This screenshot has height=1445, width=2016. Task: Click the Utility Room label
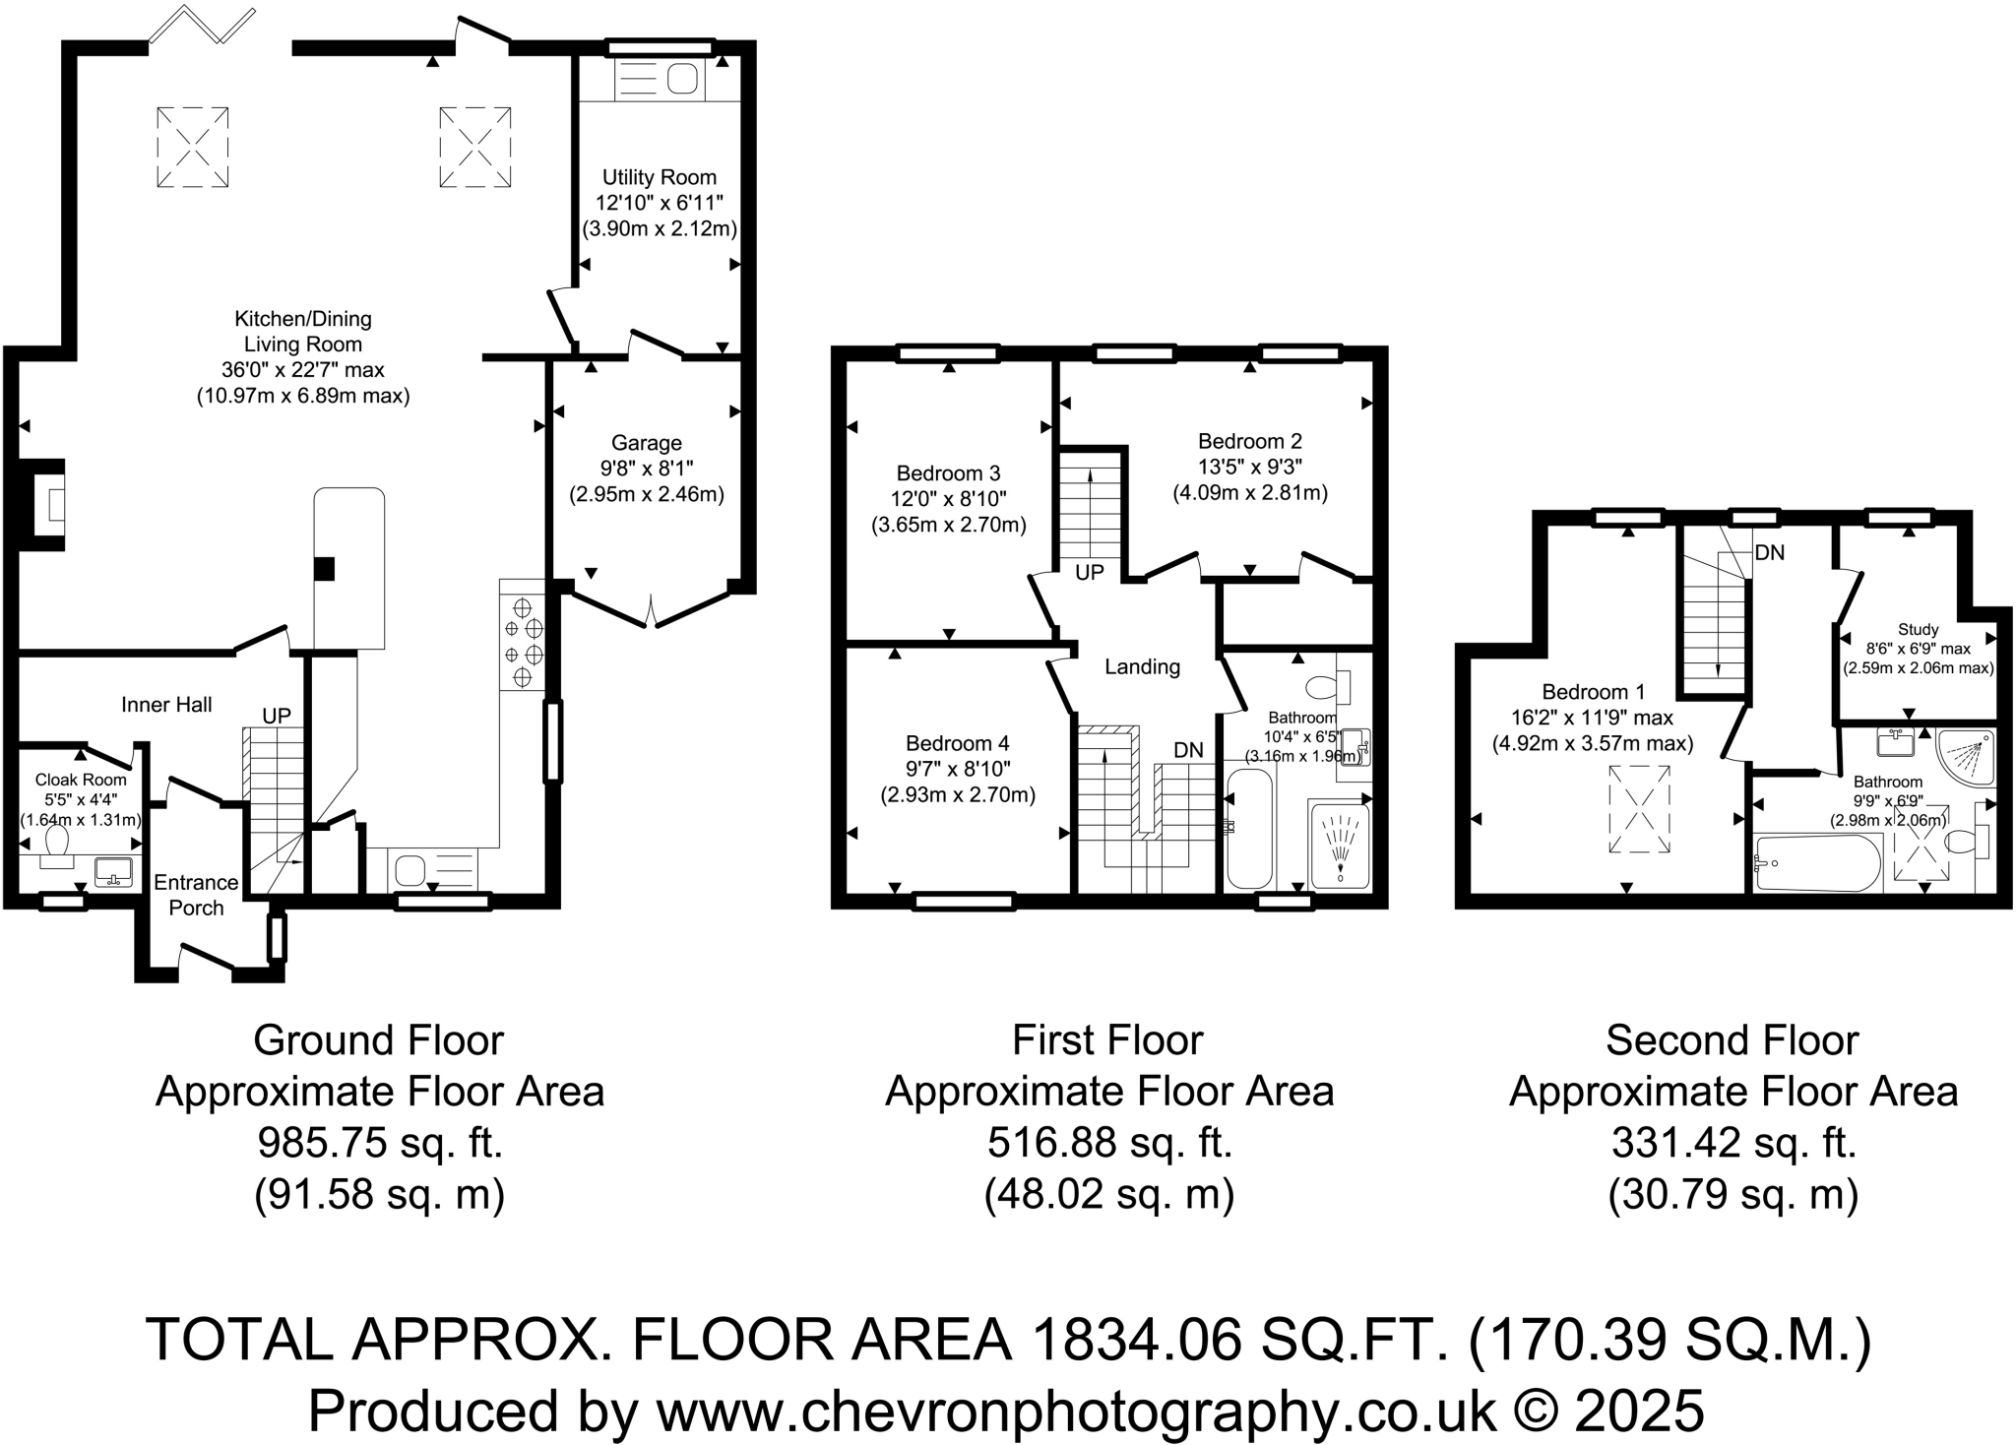(x=659, y=177)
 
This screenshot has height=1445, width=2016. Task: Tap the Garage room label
(x=646, y=443)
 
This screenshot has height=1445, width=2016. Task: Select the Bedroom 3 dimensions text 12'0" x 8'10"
(x=948, y=499)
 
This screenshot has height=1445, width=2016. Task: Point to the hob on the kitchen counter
(x=523, y=641)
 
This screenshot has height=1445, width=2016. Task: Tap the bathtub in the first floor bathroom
(x=1249, y=829)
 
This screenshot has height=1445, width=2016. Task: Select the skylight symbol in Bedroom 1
(x=1639, y=810)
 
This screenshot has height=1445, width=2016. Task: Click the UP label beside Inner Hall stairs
(x=277, y=716)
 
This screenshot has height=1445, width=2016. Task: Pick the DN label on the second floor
(x=1769, y=553)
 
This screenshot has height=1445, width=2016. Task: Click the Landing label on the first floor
(x=1142, y=667)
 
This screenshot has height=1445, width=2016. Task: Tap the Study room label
(x=1918, y=630)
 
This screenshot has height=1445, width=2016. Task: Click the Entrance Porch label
(x=196, y=895)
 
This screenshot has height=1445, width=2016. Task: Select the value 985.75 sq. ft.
(x=380, y=1143)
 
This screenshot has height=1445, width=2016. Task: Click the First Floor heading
(x=1107, y=1040)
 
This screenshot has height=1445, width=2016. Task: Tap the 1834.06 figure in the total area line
(x=1136, y=1340)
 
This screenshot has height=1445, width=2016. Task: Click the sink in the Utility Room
(x=681, y=79)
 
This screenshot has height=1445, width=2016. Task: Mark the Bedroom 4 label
(x=957, y=743)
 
